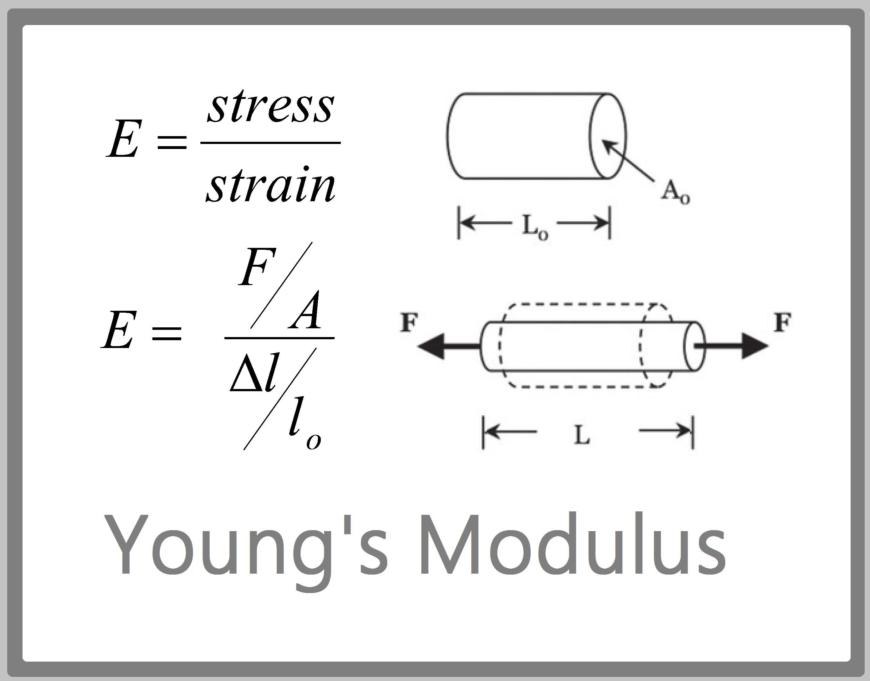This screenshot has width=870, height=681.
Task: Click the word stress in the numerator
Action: tap(271, 106)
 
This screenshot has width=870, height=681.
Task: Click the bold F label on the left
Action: tap(409, 323)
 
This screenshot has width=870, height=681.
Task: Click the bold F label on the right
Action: tap(782, 323)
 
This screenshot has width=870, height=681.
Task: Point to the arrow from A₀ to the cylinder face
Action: tap(628, 161)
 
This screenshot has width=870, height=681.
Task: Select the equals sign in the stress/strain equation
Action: tap(172, 142)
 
